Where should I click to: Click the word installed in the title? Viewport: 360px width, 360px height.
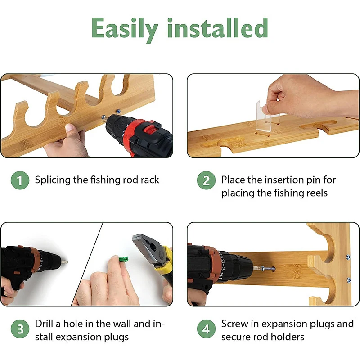(217, 27)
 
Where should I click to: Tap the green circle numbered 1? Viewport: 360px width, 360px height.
(20, 180)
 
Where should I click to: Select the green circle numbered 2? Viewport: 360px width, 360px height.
(206, 180)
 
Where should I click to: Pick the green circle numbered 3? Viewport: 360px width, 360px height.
(20, 328)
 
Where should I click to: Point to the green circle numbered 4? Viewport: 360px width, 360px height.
(206, 328)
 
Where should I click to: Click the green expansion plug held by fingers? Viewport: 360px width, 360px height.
(123, 260)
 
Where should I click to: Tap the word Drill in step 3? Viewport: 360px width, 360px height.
(44, 324)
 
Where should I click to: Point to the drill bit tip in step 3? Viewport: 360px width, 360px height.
(67, 261)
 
